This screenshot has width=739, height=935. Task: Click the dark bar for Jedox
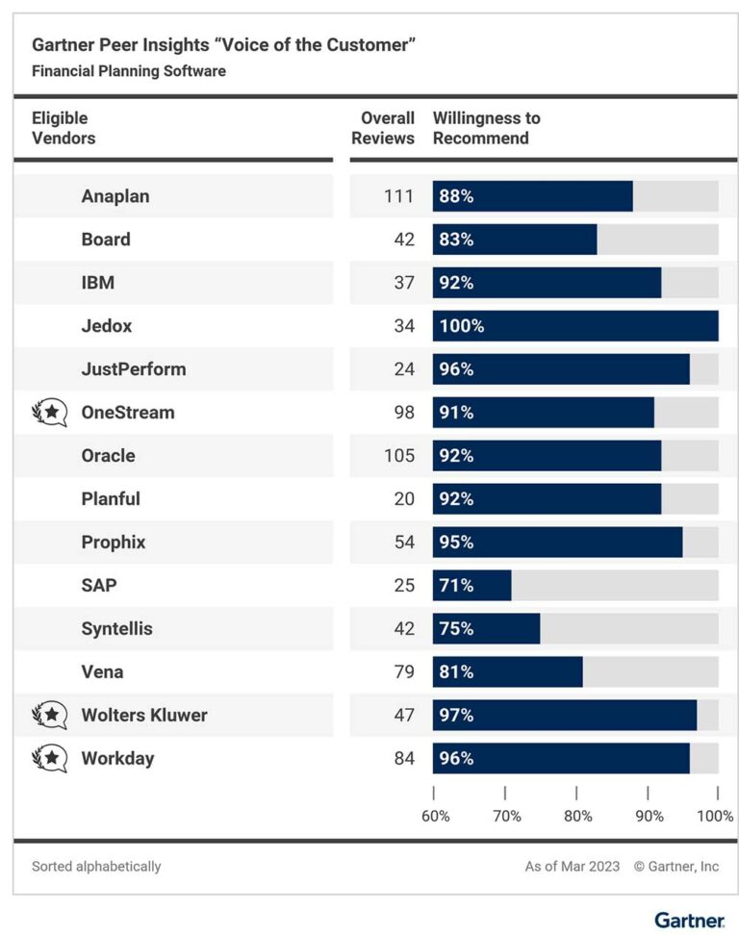coord(575,326)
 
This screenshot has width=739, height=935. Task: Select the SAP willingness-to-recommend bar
coord(471,586)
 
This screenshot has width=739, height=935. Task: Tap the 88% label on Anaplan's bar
coord(456,196)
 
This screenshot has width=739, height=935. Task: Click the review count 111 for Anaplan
coord(398,196)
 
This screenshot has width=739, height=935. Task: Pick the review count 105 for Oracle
coord(398,456)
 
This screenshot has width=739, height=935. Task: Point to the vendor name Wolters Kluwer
coord(144,716)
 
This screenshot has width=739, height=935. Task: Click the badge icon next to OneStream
coord(50,413)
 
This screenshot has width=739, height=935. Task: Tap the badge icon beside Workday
coord(50,759)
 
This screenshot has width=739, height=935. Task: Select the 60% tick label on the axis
coord(436,816)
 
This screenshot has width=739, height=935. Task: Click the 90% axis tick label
coord(650,816)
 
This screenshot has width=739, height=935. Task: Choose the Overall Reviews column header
coord(383,128)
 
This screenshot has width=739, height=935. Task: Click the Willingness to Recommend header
coord(487,128)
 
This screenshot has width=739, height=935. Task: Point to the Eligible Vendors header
coord(64,128)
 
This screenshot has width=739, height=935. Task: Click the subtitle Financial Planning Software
coord(129,71)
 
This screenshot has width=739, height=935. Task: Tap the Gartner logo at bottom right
coord(689,920)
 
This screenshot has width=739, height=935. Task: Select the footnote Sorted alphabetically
coord(96,867)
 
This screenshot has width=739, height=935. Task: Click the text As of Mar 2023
coord(573,867)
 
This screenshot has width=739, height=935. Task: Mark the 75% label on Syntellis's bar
coord(456,629)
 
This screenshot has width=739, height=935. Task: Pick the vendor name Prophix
coord(114,543)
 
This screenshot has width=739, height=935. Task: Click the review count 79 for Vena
coord(404,672)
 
